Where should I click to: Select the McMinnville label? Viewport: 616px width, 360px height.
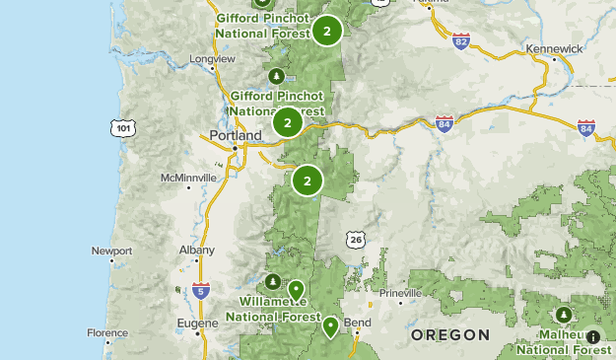coord(188,178)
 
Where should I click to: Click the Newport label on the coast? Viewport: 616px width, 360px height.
coord(111,251)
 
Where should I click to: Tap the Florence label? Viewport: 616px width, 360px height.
coord(107,333)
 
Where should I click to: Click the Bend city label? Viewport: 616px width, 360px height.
coord(357,323)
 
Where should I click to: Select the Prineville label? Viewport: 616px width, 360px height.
coord(399,293)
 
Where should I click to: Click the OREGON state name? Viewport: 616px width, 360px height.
coord(450,335)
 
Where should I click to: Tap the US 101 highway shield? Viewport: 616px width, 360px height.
coord(122,128)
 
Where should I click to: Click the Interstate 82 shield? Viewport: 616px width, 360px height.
coord(461,41)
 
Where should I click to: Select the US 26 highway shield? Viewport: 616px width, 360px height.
coord(355,240)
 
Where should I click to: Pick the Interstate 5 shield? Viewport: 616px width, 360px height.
coord(201,290)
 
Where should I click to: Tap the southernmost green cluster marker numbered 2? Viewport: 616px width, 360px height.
coord(308,180)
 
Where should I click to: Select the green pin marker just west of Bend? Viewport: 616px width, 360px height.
coord(331,325)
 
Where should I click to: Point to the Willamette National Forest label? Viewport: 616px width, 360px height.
coord(273,309)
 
